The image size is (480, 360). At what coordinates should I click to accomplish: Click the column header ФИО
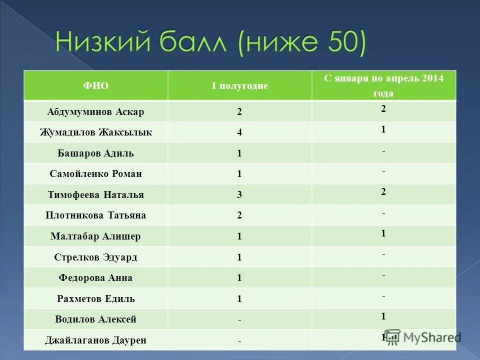95,85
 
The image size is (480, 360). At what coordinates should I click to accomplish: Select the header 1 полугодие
239,85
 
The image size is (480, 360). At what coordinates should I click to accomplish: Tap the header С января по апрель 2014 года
383,85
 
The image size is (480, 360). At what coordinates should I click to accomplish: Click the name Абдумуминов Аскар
95,112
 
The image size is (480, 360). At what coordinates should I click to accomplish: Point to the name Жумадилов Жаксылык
95,132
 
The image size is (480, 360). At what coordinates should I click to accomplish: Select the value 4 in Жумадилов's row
239,133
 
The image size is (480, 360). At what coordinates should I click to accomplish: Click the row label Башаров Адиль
95,153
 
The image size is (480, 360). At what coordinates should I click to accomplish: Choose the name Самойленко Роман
95,174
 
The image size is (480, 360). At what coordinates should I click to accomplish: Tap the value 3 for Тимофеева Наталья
239,195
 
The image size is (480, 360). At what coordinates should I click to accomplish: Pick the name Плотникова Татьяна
95,215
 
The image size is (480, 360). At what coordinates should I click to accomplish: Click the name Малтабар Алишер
95,236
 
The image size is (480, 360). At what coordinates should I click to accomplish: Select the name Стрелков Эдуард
95,257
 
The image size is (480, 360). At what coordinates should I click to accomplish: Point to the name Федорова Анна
95,278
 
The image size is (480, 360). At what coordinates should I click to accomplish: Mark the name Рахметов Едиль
95,299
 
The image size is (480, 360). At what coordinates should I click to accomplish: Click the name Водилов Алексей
95,319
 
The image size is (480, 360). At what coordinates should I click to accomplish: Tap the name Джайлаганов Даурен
95,340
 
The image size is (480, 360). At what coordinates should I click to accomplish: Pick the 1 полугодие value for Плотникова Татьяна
239,216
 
